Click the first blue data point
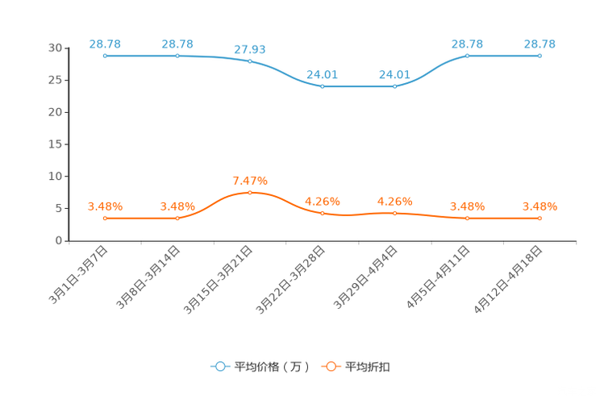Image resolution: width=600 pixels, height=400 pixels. (105, 56)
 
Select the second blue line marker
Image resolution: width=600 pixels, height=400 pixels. (177, 56)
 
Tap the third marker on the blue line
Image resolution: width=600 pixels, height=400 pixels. (250, 61)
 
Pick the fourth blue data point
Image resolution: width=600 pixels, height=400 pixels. (322, 85)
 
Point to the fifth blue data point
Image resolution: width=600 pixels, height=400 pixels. (394, 85)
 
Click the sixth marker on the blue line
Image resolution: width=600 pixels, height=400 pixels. (467, 56)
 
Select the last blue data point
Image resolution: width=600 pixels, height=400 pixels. (540, 56)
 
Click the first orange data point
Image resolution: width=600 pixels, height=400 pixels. (105, 219)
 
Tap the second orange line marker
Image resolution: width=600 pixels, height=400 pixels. (177, 219)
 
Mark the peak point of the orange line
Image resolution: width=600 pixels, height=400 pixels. (250, 192)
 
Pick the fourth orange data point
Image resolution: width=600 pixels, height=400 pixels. (322, 214)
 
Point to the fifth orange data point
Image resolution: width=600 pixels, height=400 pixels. (394, 214)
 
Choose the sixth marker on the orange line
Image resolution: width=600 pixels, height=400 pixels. (467, 219)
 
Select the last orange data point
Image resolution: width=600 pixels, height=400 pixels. (540, 219)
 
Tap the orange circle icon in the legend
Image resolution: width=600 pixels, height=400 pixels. (331, 366)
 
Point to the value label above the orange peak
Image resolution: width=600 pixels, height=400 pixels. (250, 179)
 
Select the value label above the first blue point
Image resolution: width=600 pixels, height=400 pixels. (105, 43)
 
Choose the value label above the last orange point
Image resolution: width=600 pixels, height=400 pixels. (540, 206)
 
